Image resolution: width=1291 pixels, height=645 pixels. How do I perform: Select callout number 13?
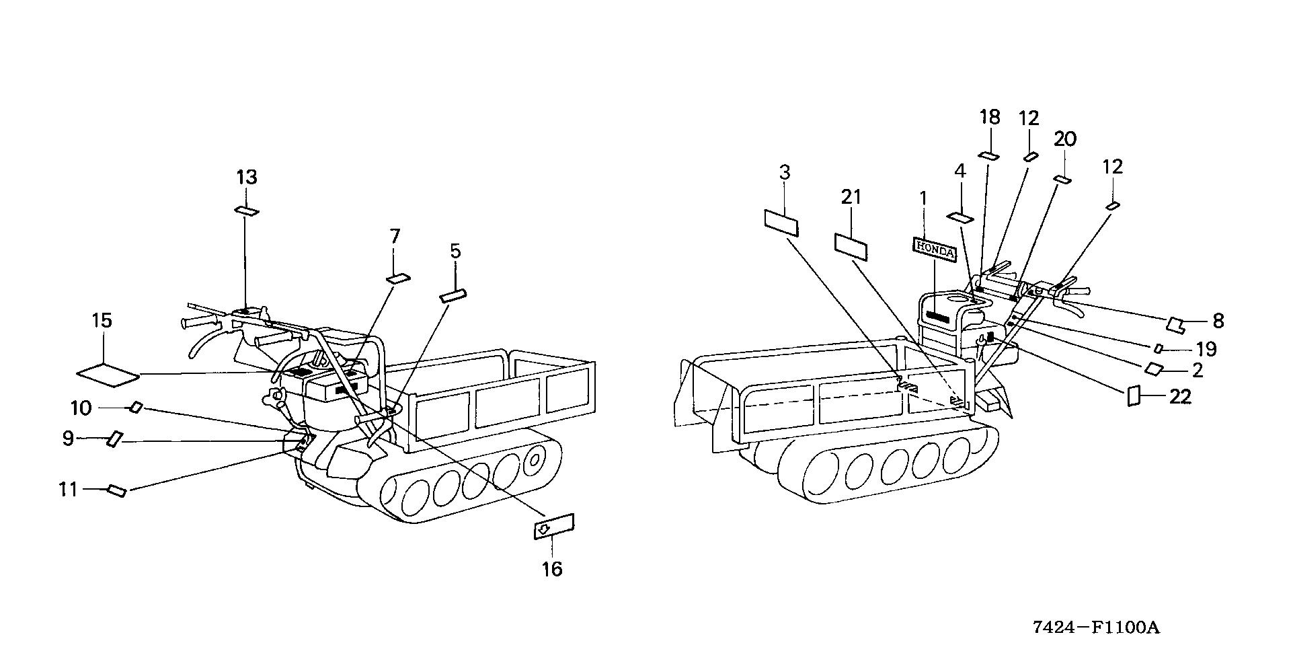point(247,178)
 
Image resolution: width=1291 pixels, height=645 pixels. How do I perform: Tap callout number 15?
point(102,320)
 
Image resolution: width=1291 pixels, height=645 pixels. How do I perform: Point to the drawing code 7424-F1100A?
point(1097,628)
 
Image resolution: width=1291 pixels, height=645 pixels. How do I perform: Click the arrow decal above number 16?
point(553,526)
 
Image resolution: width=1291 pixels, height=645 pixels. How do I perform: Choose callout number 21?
point(851,197)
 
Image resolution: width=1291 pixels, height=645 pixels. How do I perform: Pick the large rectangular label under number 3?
point(781,222)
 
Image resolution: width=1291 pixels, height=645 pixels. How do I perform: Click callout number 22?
point(1181,397)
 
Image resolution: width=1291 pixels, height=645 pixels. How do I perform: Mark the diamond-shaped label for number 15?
point(108,375)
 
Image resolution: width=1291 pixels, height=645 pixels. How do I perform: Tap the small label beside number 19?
point(1159,348)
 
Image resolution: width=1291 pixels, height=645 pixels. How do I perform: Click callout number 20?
point(1065,139)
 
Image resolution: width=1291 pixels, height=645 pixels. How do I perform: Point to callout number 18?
point(990,118)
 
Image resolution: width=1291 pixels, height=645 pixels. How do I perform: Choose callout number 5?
point(455,252)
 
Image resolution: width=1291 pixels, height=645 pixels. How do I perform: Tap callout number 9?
point(68,439)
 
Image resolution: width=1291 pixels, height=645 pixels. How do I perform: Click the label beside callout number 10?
point(136,407)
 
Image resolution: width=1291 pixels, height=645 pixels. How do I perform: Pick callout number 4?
point(960,172)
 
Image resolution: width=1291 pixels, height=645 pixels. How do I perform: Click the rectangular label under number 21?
point(851,246)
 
